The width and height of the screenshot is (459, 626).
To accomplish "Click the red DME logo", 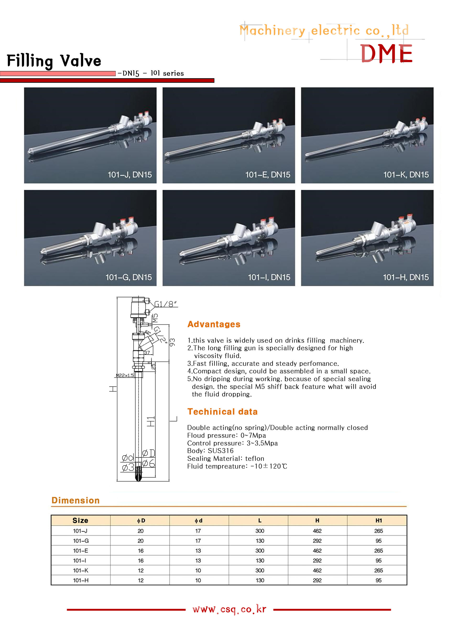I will [386, 53].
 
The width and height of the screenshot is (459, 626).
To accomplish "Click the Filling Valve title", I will [54, 61].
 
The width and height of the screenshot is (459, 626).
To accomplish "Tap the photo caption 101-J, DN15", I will [130, 175].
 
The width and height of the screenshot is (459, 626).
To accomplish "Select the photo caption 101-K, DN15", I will [406, 175].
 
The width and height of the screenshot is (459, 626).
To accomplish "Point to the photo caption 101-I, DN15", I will [269, 277].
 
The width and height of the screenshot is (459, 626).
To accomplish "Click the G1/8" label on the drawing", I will [165, 304].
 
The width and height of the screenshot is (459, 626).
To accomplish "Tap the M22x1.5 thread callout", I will [125, 376].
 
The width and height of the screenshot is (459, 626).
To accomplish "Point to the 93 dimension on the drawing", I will [173, 342].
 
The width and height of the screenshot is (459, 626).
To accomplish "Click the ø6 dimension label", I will [149, 463].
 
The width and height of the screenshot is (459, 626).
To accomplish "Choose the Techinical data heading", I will [222, 412].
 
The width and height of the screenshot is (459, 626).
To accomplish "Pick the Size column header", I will [80, 520].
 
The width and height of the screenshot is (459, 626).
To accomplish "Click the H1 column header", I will [378, 520].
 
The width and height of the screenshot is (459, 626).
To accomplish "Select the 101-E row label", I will [81, 551].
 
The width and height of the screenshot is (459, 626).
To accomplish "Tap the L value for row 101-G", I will [260, 541].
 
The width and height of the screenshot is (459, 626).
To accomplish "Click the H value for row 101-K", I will [317, 571].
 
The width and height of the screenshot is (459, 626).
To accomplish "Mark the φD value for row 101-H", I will [141, 580].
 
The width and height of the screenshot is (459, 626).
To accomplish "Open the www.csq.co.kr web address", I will [229, 609].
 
